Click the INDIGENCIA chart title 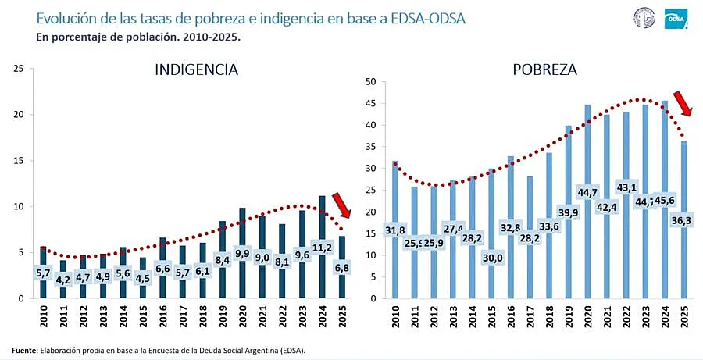point(196,70)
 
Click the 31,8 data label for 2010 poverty point(394,229)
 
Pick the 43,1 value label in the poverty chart point(626,187)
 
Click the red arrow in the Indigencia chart point(341,205)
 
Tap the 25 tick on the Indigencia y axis point(19,69)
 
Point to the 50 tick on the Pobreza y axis point(372,82)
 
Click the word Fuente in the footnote point(23,350)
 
